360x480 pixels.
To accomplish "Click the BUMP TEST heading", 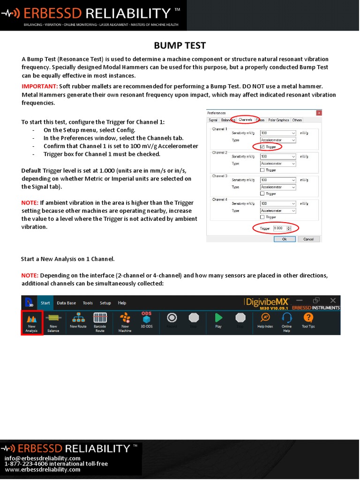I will point(180,45).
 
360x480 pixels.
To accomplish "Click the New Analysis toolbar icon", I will point(32,319).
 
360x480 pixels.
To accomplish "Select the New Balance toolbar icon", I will point(53,319).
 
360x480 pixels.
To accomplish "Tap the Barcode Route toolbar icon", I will point(100,319).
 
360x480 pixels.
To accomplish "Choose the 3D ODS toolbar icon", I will point(146,318).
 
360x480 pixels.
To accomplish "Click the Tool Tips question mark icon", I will point(308,318).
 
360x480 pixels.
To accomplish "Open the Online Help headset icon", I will point(286,318).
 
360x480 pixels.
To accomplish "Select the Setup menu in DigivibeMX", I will point(105,303).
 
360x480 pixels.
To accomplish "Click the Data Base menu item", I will point(66,303).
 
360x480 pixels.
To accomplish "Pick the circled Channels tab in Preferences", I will point(245,120).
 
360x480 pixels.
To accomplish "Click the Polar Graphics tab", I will point(278,120).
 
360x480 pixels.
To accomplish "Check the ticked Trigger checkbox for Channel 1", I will point(262,146).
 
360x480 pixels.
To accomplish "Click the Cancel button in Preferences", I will point(308,239).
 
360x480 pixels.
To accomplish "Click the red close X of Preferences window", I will point(319,113).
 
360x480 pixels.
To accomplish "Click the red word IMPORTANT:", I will point(40,86).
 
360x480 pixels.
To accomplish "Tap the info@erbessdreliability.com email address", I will point(43,458).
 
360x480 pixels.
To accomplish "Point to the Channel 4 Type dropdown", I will point(278,210).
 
